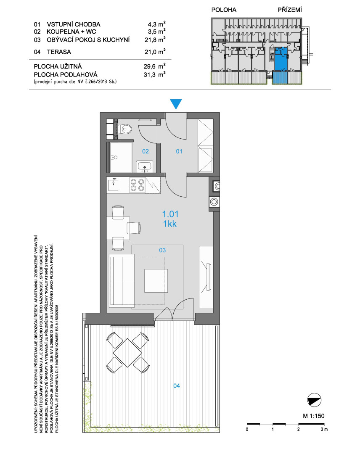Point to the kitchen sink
click(113, 185)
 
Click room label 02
click(146, 151)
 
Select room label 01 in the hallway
click(179, 151)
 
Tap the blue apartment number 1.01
click(170, 214)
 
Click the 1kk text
click(170, 224)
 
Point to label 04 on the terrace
click(176, 385)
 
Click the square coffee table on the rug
click(156, 280)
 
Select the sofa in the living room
click(122, 280)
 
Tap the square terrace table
click(127, 352)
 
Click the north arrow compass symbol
click(314, 401)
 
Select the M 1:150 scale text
click(314, 416)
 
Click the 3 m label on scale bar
click(324, 429)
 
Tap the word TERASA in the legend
click(59, 52)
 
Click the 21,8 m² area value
click(155, 40)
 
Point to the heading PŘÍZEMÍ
click(290, 10)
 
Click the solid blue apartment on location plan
click(281, 59)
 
